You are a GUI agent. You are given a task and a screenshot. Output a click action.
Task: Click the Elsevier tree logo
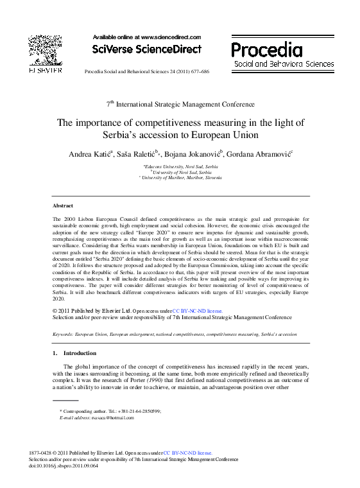click(x=45, y=51)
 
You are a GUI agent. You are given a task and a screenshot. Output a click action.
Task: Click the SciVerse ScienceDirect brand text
click(x=146, y=49)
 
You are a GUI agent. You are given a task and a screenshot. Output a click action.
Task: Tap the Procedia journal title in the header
click(x=266, y=50)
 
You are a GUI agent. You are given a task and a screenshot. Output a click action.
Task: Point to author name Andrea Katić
click(x=89, y=154)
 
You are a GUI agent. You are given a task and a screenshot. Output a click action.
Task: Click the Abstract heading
click(x=62, y=205)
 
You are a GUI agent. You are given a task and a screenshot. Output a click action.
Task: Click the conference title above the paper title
click(x=180, y=104)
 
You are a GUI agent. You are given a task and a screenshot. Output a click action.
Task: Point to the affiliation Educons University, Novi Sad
click(x=181, y=166)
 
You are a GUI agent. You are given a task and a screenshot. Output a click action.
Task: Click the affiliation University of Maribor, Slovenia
click(x=180, y=177)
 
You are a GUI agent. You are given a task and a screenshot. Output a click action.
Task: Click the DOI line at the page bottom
click(x=64, y=466)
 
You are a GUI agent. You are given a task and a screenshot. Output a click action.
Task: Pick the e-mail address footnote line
click(x=96, y=417)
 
